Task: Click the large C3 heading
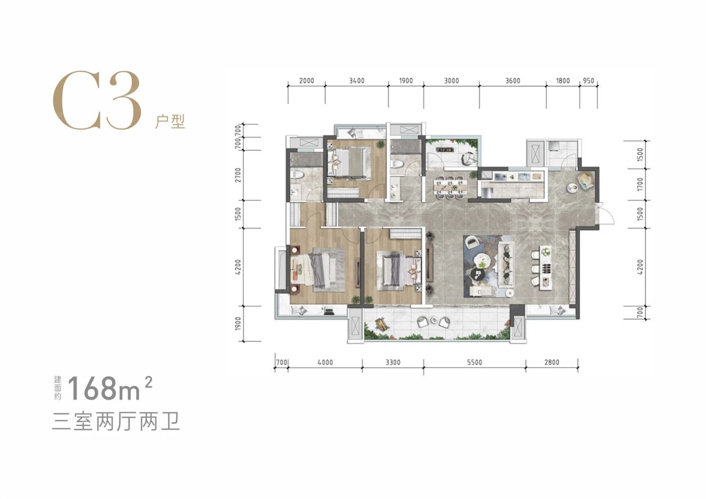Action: click(96, 101)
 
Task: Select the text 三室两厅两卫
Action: click(116, 421)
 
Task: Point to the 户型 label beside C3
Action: click(170, 122)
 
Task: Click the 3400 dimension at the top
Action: click(356, 81)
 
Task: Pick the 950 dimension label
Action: click(588, 81)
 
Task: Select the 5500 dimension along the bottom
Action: click(474, 362)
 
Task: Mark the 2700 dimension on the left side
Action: click(238, 175)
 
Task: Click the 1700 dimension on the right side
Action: click(640, 184)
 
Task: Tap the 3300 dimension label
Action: click(393, 362)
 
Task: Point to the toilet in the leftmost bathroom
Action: click(297, 175)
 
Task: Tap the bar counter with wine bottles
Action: click(546, 267)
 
